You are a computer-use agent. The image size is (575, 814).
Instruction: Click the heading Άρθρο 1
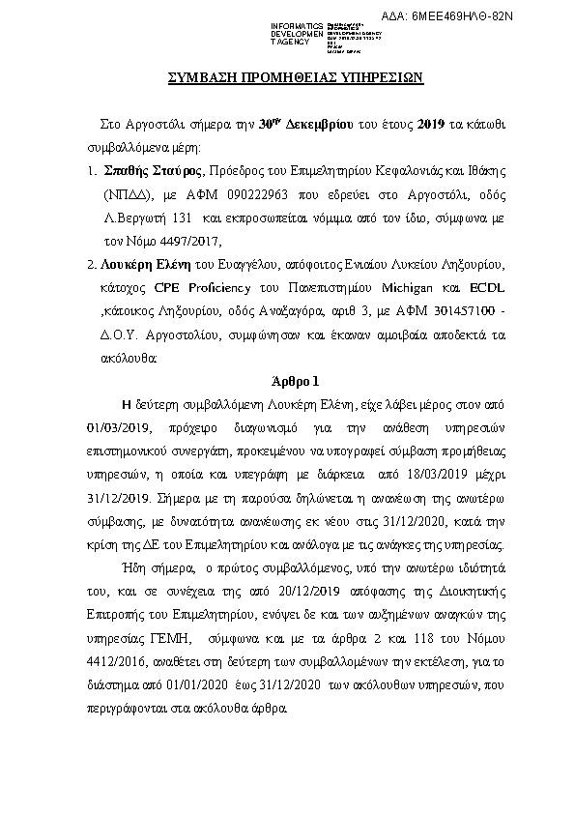tap(289, 382)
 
